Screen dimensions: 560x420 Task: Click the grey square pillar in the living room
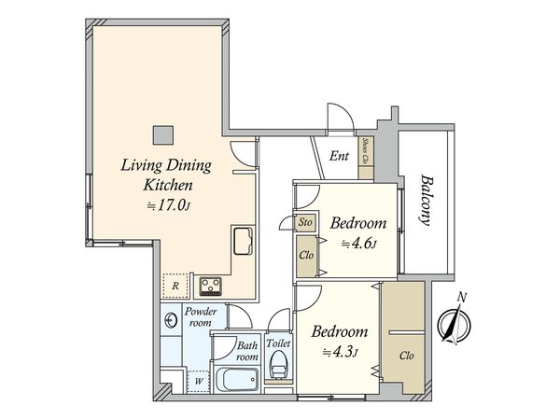pyautogui.click(x=163, y=135)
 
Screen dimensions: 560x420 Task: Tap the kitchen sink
pyautogui.click(x=244, y=242)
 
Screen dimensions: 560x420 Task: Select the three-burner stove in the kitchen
pyautogui.click(x=210, y=287)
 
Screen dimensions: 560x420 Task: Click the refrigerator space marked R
pyautogui.click(x=175, y=286)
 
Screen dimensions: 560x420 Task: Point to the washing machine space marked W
pyautogui.click(x=199, y=381)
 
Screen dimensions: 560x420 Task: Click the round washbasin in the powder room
pyautogui.click(x=170, y=320)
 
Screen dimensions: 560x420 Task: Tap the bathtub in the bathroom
pyautogui.click(x=237, y=379)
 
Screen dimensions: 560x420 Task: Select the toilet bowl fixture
pyautogui.click(x=279, y=365)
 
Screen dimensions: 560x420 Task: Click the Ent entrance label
pyautogui.click(x=339, y=156)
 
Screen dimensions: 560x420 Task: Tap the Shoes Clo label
pyautogui.click(x=366, y=151)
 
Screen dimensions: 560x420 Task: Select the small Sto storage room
pyautogui.click(x=305, y=222)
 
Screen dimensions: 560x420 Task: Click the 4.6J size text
pyautogui.click(x=358, y=245)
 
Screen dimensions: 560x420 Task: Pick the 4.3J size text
pyautogui.click(x=340, y=353)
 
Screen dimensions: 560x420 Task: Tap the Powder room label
pyautogui.click(x=201, y=316)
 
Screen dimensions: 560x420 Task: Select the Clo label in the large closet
pyautogui.click(x=406, y=356)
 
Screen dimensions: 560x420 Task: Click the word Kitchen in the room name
pyautogui.click(x=168, y=185)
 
